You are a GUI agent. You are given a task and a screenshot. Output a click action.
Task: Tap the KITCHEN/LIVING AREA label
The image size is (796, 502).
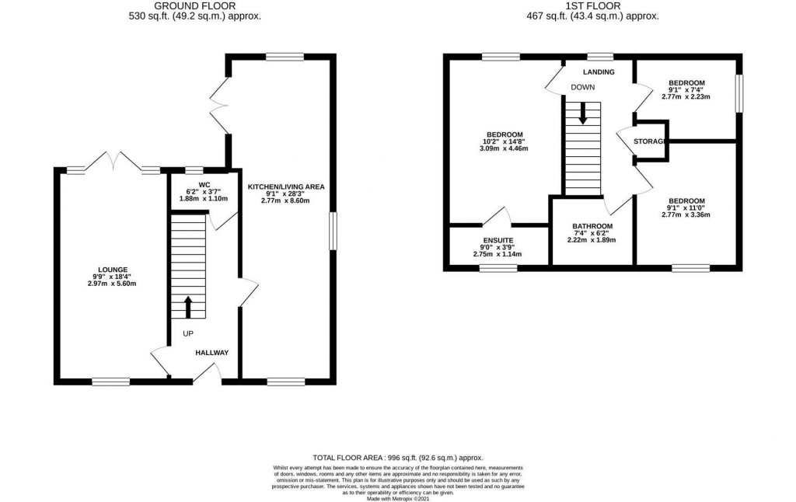pyautogui.click(x=285, y=187)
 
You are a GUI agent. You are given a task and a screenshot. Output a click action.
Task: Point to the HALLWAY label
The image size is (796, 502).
pyautogui.click(x=212, y=353)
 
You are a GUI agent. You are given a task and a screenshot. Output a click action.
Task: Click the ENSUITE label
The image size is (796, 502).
pyautogui.click(x=497, y=239)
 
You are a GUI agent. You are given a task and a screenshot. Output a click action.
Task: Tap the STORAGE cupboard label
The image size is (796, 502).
pyautogui.click(x=648, y=141)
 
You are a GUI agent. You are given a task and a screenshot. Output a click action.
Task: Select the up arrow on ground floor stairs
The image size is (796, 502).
pyautogui.click(x=187, y=307)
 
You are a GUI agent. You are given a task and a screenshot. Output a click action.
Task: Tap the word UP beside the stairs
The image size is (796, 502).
pyautogui.click(x=188, y=333)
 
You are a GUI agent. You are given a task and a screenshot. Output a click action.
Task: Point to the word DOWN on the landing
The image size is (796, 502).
pyautogui.click(x=583, y=88)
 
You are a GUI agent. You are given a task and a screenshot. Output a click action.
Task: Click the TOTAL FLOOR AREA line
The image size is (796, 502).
pyautogui.click(x=402, y=458)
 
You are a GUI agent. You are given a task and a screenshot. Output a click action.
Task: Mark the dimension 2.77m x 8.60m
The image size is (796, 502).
pyautogui.click(x=285, y=200)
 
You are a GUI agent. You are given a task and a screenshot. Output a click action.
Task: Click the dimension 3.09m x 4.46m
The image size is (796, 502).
pyautogui.click(x=504, y=148)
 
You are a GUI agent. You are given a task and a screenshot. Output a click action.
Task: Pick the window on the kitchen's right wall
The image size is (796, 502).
pyautogui.click(x=333, y=231)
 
